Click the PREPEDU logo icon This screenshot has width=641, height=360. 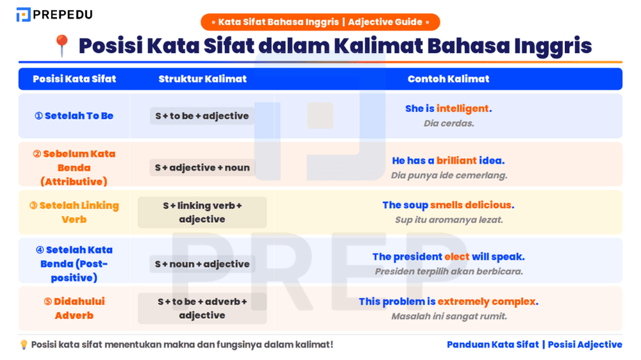point(24,14)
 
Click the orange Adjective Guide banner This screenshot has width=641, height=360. point(320,22)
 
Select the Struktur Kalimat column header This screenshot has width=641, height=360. point(203,79)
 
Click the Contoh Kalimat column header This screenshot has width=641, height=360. point(448,79)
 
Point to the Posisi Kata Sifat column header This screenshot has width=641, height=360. point(74,79)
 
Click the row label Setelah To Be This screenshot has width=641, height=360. point(74,116)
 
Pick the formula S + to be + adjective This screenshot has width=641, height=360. point(202,116)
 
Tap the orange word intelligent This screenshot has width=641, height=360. point(463,109)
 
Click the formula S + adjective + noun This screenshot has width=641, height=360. point(202,168)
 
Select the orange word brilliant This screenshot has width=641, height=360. point(457,161)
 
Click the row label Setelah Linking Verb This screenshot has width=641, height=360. point(74,213)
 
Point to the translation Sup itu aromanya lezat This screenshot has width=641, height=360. point(449,220)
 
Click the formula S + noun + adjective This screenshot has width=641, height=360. point(202,264)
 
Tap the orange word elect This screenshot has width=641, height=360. point(457,257)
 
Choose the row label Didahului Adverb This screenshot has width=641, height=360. point(74,309)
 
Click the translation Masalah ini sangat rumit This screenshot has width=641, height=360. point(449,316)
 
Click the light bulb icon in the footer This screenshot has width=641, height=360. point(24,345)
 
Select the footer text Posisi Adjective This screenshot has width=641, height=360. point(585,345)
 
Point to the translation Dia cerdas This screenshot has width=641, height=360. point(449,123)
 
